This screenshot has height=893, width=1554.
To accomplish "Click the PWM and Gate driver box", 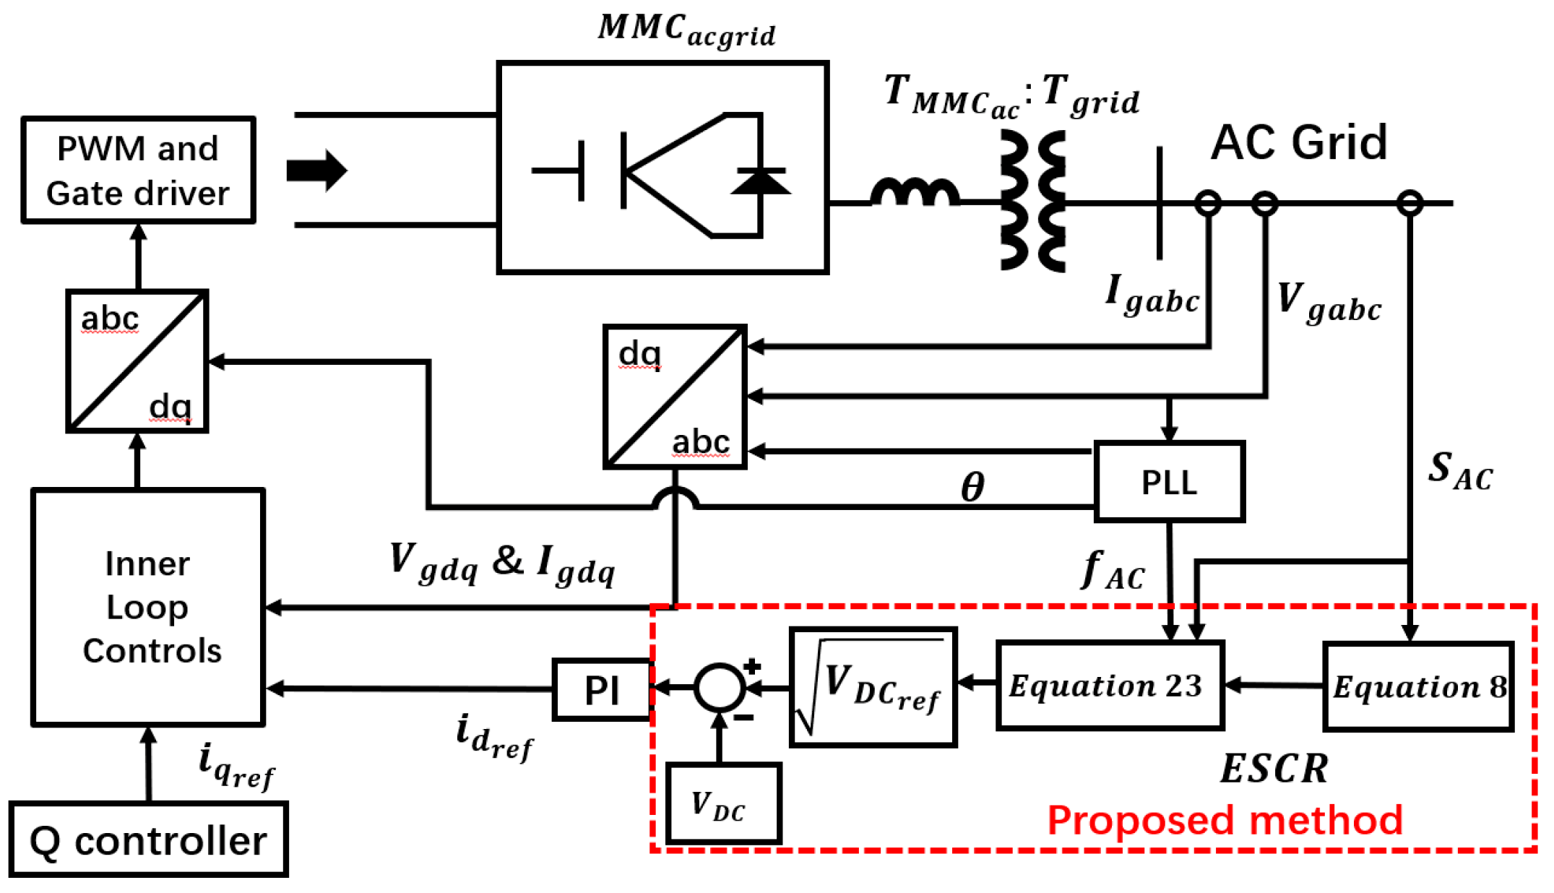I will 138,171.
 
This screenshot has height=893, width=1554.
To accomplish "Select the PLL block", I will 1169,482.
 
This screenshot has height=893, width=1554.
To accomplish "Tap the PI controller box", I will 602,690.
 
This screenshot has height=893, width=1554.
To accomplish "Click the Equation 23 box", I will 1109,686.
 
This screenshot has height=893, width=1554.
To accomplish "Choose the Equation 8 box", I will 1417,686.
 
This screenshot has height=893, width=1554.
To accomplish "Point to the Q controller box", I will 148,840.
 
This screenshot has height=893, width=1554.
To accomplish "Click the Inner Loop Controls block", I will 148,607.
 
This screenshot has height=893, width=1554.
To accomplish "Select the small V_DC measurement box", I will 723,803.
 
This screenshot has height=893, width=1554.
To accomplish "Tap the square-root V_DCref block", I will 873,686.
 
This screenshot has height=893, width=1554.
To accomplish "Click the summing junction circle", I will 719,687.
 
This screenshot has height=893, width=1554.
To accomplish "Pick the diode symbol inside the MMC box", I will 760,181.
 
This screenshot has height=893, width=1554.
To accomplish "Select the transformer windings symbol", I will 1033,201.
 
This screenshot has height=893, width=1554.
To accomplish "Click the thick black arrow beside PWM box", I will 317,171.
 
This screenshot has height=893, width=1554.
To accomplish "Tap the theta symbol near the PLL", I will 972,486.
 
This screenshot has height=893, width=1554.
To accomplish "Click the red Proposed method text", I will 1225,821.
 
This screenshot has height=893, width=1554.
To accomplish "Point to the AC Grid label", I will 1298,142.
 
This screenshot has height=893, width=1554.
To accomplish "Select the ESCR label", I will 1274,768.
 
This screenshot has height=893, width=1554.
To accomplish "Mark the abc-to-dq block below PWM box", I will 137,361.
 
